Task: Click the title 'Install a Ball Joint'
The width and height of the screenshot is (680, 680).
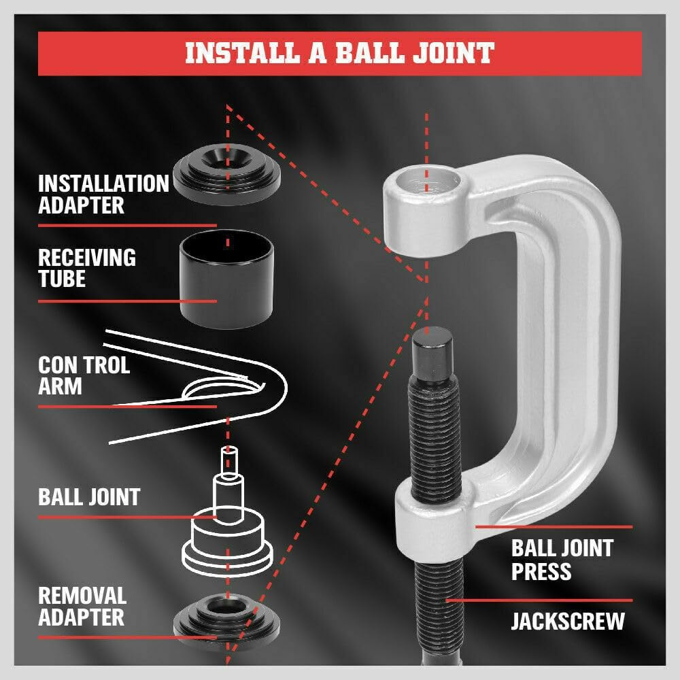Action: point(339,53)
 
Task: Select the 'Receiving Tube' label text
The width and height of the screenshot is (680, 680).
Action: point(86,268)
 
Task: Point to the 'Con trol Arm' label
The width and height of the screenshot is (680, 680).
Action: point(83,375)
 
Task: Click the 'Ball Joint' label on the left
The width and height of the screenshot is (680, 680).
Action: point(88,497)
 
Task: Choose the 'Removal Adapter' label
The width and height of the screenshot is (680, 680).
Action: point(82,607)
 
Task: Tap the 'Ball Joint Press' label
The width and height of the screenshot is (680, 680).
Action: point(562,558)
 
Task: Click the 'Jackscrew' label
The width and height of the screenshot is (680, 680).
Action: point(567,621)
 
